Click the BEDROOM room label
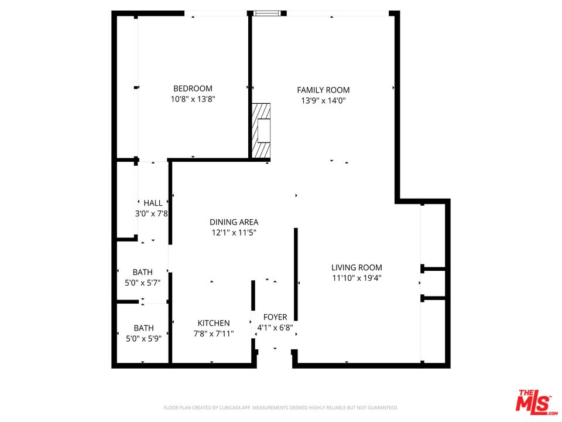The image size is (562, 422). (x=193, y=89)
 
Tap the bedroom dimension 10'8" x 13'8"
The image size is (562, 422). (x=193, y=100)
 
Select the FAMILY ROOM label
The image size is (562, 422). (x=323, y=90)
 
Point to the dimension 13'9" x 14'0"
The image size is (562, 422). (x=323, y=101)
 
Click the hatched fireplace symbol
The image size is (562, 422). (x=262, y=130)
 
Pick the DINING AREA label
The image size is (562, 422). (x=234, y=222)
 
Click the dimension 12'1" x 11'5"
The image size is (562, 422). (x=234, y=233)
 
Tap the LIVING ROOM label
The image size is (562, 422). (x=357, y=267)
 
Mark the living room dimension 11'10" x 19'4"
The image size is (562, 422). (x=357, y=278)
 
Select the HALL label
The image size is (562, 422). (x=153, y=203)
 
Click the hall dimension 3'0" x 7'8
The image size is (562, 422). (x=152, y=214)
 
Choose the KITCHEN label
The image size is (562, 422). (x=213, y=323)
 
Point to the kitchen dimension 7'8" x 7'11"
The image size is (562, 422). (x=213, y=333)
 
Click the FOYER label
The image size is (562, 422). (x=275, y=317)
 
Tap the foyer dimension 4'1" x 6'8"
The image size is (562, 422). (x=275, y=328)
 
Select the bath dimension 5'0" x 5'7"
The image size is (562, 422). (x=142, y=283)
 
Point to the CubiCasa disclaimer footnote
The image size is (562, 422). (x=280, y=407)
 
